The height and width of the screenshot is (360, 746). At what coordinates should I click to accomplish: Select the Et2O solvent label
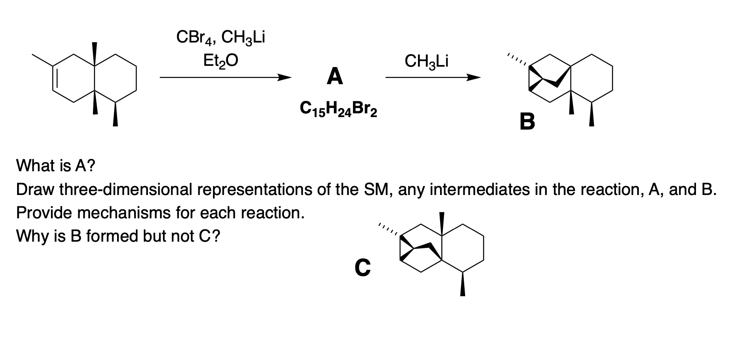[220, 61]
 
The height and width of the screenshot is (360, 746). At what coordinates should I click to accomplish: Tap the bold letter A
[335, 77]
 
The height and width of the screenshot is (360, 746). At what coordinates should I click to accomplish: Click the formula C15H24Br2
[338, 110]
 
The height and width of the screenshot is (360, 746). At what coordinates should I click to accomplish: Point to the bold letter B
[527, 122]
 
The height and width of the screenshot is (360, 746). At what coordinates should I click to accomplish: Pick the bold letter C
[362, 268]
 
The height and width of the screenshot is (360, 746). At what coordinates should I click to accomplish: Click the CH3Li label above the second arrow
[426, 61]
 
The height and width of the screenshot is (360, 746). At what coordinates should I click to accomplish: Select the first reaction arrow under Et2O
[225, 77]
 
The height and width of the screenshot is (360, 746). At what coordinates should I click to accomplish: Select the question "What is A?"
[55, 166]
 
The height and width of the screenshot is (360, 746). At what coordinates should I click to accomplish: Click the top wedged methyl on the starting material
[95, 53]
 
